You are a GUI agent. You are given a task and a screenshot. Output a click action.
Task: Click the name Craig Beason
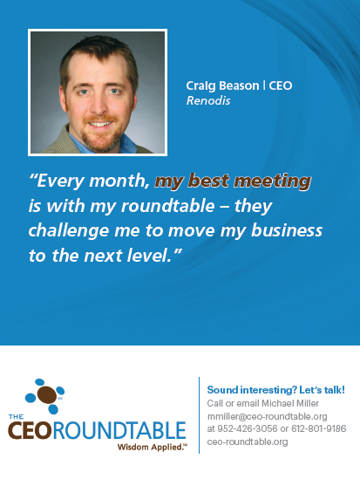pos(222,86)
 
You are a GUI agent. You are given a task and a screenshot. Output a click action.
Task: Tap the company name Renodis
pos(208,100)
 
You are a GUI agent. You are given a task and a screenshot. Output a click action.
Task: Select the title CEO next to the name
pos(281,86)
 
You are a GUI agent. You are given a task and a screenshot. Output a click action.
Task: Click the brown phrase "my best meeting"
pos(233,181)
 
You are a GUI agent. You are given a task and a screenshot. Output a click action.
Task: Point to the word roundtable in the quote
pos(167,206)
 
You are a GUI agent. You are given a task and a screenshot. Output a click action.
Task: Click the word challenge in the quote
pos(69,231)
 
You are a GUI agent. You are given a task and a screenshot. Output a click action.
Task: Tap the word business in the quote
pos(287,230)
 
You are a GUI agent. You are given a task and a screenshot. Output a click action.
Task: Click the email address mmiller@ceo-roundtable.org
pos(268,416)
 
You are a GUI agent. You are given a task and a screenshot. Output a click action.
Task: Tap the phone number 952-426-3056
pos(248,428)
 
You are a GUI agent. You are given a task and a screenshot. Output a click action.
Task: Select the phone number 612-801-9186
pos(318,428)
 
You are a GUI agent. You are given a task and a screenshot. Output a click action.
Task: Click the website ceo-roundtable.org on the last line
pos(248,441)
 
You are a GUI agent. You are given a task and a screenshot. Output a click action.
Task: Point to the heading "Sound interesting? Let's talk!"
pos(275,390)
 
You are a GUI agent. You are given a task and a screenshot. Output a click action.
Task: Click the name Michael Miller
pos(290,403)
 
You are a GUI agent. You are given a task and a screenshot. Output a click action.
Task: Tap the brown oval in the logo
pos(47,394)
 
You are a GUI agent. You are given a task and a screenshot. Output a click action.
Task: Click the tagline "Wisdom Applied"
pos(151,448)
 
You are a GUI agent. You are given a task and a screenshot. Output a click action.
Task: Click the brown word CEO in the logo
pos(30,430)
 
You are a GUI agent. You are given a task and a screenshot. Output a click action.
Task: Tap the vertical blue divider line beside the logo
pos(200,415)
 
